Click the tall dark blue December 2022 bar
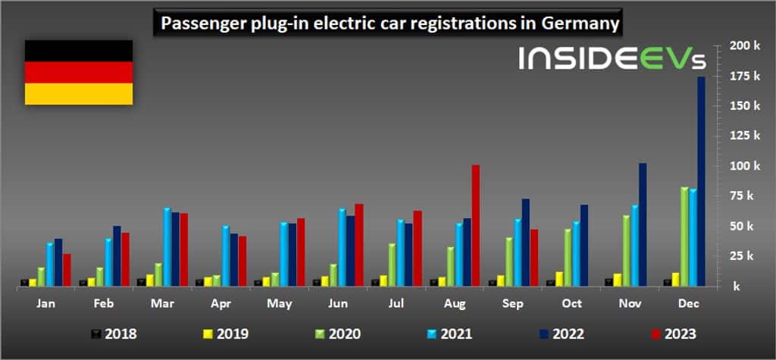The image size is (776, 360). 701,182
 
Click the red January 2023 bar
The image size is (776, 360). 67,270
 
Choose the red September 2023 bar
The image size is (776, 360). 534,257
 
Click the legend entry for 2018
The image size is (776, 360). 114,332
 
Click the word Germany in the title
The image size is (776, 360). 582,23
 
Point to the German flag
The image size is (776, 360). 79,71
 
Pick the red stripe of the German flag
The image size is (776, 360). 79,72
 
